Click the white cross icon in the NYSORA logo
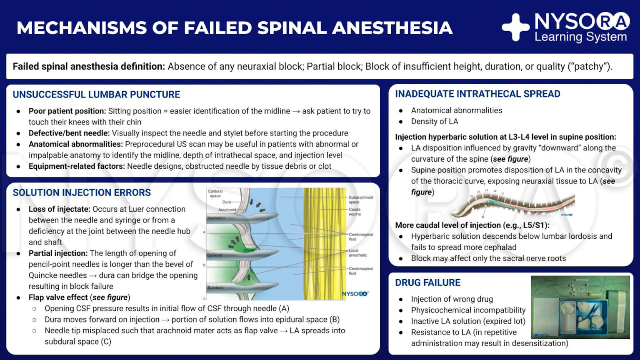click(515, 27)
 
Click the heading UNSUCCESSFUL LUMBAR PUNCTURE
click(96, 95)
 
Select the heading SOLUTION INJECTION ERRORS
click(82, 192)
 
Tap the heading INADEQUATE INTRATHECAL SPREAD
click(477, 94)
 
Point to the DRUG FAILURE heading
click(427, 282)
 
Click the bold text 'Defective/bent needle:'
click(69, 133)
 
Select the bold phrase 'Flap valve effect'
click(58, 297)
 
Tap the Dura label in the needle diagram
click(226, 202)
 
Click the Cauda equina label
click(355, 212)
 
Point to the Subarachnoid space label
click(360, 200)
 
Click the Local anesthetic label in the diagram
click(357, 253)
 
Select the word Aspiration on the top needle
click(217, 218)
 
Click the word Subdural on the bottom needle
click(215, 287)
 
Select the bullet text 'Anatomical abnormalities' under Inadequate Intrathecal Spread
click(456, 110)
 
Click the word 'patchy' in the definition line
click(589, 66)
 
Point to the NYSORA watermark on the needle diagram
click(355, 294)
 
